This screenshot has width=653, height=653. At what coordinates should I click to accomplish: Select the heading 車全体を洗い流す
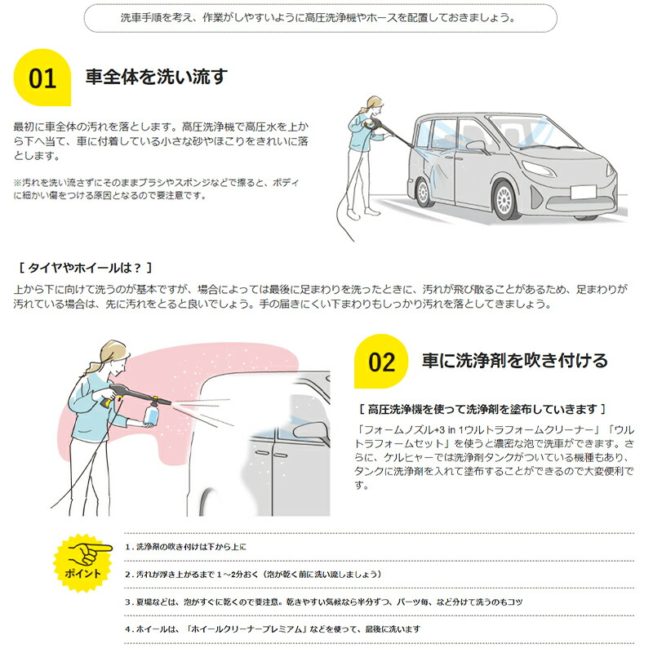pos(156,78)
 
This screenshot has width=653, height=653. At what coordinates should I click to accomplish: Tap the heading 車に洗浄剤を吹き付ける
pos(514,360)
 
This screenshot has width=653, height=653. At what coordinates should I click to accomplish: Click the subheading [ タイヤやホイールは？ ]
pos(85,268)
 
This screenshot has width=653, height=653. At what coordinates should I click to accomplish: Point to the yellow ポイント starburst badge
pos(82,562)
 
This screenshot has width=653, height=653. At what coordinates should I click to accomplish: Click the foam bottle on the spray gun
pos(151,415)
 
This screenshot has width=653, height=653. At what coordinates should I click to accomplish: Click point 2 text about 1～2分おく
pos(253,574)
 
